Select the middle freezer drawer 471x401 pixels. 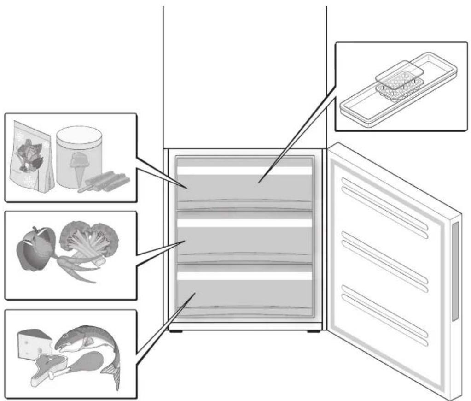(244, 240)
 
